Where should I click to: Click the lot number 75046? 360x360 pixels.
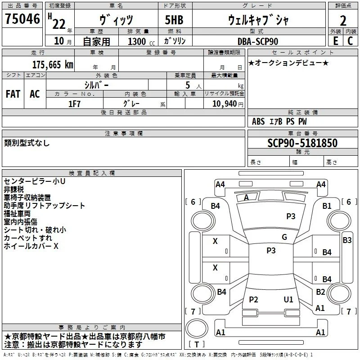click(x=22, y=19)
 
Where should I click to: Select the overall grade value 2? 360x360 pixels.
click(x=343, y=21)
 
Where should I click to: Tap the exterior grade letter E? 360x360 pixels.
click(x=336, y=41)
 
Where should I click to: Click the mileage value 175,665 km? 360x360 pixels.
click(x=53, y=64)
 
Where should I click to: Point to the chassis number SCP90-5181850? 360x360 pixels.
click(x=302, y=143)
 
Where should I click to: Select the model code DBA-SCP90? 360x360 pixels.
click(x=257, y=41)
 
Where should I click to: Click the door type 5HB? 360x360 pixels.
click(x=174, y=20)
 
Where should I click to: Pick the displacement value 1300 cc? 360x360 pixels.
click(x=141, y=41)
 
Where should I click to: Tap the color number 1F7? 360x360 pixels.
click(x=74, y=104)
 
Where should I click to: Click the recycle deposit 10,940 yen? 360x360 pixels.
click(x=228, y=104)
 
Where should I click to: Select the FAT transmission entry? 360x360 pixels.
click(x=13, y=94)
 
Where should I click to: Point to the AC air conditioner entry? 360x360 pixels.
click(x=35, y=94)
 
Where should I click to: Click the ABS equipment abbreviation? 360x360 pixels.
click(x=258, y=121)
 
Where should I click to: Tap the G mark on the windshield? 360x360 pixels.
click(x=284, y=237)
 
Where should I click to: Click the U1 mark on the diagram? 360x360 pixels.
click(x=288, y=299)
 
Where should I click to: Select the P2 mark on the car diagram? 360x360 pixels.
click(x=253, y=299)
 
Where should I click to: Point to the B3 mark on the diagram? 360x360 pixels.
click(x=347, y=240)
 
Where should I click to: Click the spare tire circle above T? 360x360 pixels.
click(x=197, y=328)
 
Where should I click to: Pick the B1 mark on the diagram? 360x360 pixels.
click(x=327, y=206)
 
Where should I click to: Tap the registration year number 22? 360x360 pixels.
click(x=59, y=24)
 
